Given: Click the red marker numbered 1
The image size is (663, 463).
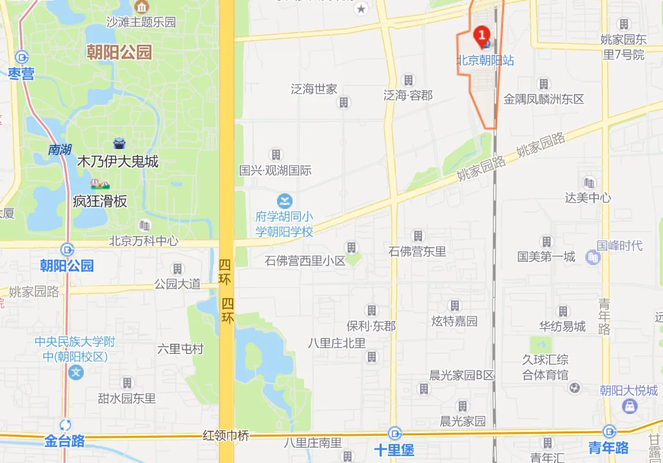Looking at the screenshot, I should (x=481, y=34).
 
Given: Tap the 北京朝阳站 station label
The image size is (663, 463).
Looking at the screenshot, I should (x=485, y=61).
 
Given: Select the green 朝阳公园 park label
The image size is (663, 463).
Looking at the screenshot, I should (x=119, y=52).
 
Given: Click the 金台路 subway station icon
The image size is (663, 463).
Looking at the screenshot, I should (x=65, y=425).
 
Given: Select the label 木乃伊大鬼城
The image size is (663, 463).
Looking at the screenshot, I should (x=117, y=161).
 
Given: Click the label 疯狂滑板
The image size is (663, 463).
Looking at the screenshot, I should (x=100, y=201).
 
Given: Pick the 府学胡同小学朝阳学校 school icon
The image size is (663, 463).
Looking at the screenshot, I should (x=284, y=201).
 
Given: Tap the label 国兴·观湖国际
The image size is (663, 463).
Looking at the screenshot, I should (x=275, y=171).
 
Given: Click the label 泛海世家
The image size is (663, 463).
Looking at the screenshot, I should (x=314, y=89).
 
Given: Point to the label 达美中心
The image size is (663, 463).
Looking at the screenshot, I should (x=588, y=198).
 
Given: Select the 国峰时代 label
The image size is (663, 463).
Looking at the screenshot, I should (x=619, y=245).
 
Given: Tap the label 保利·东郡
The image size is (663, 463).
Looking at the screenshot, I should (x=370, y=326).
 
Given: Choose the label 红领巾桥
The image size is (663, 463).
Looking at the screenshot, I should (x=226, y=435).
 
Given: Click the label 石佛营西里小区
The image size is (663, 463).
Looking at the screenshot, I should (x=305, y=261).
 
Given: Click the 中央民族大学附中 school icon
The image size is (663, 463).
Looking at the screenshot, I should (x=76, y=372).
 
